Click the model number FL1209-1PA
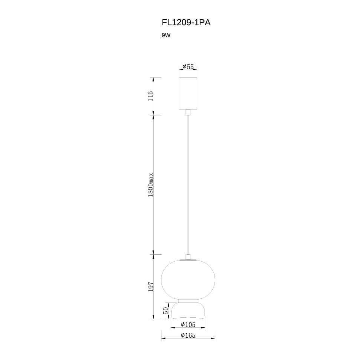(186, 23)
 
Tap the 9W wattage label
(166, 35)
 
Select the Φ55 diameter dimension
(188, 66)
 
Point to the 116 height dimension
(150, 96)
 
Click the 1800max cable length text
(150, 184)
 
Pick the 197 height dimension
(150, 287)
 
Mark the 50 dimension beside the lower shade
(166, 310)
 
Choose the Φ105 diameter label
(188, 324)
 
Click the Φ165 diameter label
(188, 335)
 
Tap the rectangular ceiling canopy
(188, 94)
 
